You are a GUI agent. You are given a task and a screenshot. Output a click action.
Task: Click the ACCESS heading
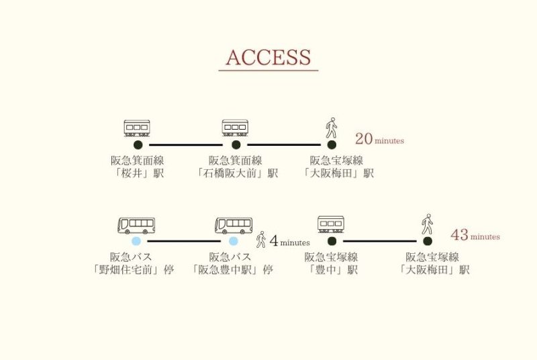268,58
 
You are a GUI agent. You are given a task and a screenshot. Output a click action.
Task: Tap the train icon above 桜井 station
137,128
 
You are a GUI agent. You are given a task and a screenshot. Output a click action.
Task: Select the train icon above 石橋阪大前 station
235,128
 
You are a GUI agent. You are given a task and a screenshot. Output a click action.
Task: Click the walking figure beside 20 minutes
331,128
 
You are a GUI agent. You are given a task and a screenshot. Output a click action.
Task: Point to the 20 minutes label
379,140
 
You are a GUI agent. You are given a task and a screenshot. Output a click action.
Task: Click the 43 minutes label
475,236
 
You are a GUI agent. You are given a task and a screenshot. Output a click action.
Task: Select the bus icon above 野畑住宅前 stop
136,225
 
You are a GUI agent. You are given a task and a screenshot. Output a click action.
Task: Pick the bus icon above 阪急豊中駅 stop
234,225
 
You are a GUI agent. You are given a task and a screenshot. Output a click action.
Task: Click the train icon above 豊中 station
331,224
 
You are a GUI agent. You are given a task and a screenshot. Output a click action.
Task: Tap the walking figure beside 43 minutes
426,224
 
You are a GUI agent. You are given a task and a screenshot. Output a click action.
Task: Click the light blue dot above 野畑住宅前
136,241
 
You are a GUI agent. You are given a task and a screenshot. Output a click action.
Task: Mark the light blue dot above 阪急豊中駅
234,241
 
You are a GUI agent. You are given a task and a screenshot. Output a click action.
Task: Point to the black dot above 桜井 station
138,144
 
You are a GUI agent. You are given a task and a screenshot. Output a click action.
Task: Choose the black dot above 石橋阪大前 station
236,144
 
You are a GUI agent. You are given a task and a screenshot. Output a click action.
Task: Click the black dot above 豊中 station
331,240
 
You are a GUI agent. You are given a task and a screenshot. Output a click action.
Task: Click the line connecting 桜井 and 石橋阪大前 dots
186,144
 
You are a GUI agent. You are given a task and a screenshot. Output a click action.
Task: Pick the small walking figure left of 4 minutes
261,240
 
